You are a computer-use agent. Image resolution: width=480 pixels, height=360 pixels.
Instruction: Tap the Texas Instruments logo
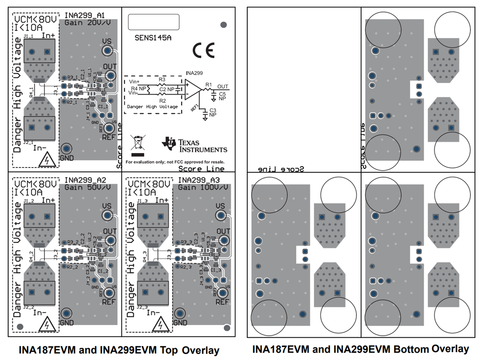point(194,146)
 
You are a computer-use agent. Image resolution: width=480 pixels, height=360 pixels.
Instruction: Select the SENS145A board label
point(153,38)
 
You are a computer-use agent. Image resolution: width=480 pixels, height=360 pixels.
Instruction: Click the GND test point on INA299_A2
point(67,313)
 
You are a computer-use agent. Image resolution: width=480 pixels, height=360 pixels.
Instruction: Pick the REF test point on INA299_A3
point(223,293)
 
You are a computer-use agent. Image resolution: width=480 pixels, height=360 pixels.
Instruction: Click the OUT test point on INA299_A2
point(111,240)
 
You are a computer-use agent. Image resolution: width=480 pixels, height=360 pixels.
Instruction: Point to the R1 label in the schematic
point(209,84)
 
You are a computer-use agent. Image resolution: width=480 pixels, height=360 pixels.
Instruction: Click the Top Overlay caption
point(119,350)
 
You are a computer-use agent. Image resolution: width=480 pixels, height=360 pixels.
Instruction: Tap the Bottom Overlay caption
point(361,349)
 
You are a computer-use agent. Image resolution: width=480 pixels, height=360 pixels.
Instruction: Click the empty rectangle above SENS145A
point(153,22)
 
